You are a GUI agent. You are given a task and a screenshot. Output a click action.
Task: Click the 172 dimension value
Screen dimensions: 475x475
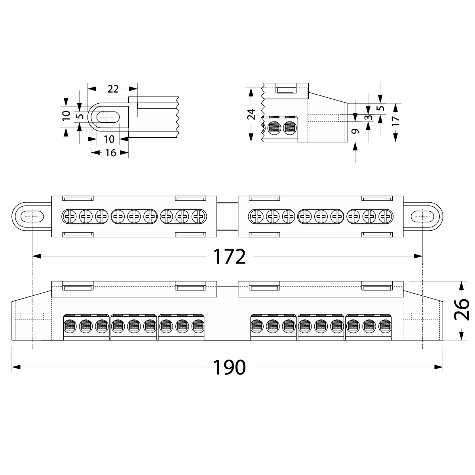(230, 257)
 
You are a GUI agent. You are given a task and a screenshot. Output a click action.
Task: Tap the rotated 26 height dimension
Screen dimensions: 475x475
(461, 310)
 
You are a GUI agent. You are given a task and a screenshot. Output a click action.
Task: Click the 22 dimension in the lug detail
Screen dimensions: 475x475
(113, 89)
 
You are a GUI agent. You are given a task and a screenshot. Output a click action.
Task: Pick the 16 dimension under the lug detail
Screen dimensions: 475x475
(110, 152)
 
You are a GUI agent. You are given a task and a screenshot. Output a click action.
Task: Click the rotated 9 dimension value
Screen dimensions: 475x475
(355, 131)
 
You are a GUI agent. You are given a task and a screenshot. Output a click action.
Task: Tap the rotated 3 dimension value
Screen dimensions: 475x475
(369, 118)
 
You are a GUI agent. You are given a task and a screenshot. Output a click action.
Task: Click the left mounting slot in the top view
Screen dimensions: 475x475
(32, 216)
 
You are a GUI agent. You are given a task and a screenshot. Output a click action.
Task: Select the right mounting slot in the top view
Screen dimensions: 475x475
(423, 216)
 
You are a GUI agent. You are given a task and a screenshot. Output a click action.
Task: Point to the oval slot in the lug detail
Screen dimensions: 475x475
(108, 117)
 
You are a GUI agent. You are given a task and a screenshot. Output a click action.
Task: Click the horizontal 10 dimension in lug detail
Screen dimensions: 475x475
(109, 139)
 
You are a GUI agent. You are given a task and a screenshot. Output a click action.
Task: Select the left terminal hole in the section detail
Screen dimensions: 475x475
(274, 127)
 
